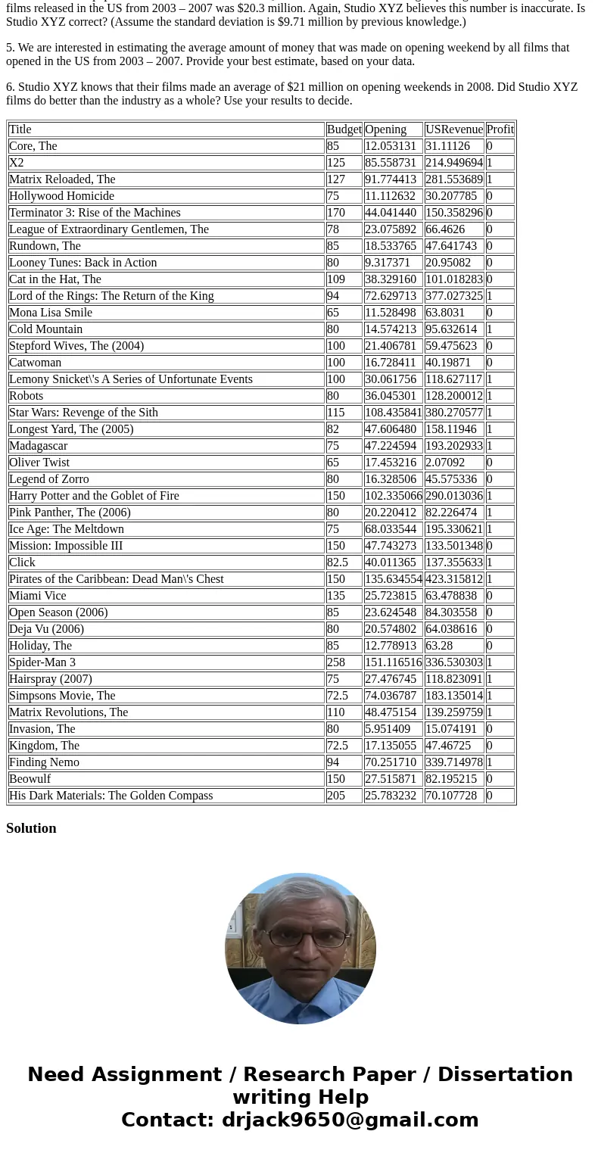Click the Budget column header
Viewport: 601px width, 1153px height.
click(344, 129)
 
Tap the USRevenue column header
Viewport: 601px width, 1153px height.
click(453, 129)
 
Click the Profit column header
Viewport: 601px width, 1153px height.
click(500, 129)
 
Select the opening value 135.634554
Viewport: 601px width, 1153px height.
click(393, 579)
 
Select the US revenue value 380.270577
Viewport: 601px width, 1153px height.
click(453, 413)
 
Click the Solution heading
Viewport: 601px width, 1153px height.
click(31, 828)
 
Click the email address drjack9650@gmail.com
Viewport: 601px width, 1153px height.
click(350, 1120)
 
